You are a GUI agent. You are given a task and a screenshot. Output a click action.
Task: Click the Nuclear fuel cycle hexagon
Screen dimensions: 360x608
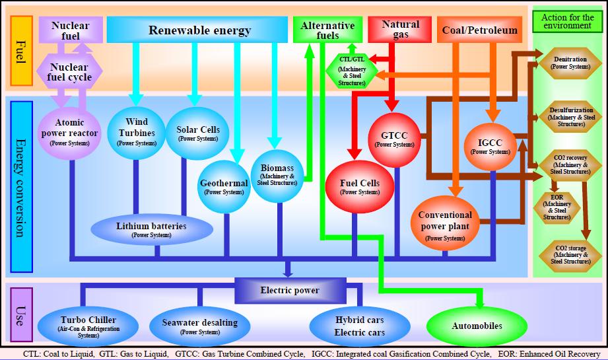coord(70,72)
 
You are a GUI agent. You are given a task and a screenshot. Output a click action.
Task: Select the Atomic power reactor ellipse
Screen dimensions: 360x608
coord(70,132)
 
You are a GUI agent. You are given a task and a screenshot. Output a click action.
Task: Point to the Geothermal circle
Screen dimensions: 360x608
coord(224,187)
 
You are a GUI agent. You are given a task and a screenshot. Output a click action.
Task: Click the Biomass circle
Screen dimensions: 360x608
coord(277,173)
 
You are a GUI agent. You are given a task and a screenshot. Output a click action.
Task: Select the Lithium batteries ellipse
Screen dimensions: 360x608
coord(151,229)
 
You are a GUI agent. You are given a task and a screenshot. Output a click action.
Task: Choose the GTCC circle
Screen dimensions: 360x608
coord(394,139)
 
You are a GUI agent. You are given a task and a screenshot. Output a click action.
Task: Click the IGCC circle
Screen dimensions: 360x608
coord(490,145)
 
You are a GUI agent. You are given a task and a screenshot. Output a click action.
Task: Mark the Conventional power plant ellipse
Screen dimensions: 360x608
coord(445,225)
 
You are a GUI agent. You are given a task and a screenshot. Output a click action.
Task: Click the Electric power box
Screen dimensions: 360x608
coord(290,291)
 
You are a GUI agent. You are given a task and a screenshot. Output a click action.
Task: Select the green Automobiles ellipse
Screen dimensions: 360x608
coord(477,326)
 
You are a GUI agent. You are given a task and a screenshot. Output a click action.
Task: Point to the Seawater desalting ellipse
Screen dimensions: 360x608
coord(199,326)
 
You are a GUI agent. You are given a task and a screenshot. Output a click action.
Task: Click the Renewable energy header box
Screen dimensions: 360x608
coord(199,30)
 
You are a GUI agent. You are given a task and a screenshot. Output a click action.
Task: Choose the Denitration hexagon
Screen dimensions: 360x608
coord(570,63)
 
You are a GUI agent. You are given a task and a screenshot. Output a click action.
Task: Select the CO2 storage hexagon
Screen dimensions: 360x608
coord(570,254)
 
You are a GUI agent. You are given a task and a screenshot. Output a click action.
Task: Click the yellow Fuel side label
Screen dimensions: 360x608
coord(21,50)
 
